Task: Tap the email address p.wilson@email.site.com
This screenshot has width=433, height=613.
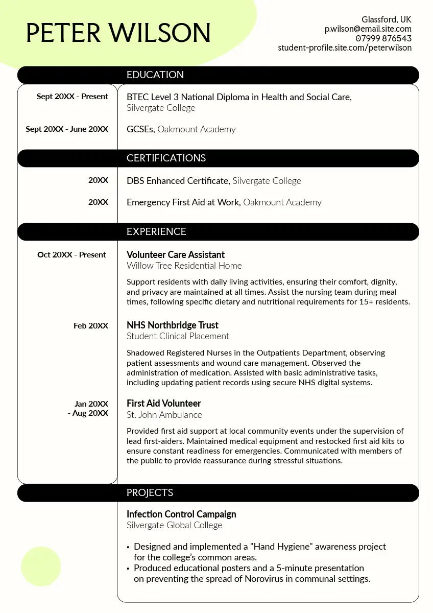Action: click(368, 29)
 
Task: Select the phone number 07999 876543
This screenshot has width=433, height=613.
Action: click(383, 38)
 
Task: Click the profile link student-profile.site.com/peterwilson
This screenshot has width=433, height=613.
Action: click(345, 48)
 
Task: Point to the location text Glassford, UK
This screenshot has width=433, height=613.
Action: click(386, 19)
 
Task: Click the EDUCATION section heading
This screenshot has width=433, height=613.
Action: click(155, 75)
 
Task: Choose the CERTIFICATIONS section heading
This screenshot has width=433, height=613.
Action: click(166, 158)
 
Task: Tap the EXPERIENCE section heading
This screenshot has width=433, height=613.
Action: click(156, 231)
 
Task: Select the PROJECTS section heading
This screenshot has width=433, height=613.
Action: click(150, 493)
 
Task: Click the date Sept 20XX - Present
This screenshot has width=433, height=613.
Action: click(72, 97)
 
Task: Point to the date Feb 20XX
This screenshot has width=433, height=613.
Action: click(91, 325)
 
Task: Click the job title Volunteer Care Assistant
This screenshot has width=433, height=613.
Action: click(175, 254)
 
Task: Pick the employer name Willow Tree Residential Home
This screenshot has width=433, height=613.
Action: click(184, 266)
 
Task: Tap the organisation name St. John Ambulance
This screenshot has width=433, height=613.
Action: click(164, 415)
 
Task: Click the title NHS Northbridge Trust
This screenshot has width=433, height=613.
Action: click(172, 325)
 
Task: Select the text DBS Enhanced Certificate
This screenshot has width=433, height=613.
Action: click(178, 181)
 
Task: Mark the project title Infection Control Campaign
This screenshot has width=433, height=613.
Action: click(181, 514)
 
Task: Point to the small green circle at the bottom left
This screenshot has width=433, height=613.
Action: click(41, 567)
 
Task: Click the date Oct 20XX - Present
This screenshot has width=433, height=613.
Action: click(71, 254)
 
